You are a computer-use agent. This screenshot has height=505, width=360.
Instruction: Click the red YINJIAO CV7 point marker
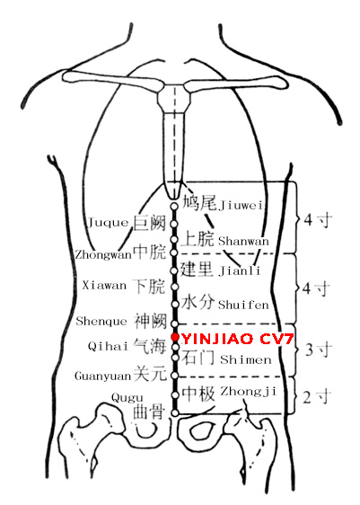pos(175,337)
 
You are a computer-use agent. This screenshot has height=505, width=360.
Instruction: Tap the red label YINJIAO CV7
pos(237,339)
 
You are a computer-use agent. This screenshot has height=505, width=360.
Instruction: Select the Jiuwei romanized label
pos(241,205)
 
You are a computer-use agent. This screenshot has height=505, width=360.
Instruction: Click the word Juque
pos(108,222)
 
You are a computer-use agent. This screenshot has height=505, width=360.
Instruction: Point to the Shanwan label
pos(243,241)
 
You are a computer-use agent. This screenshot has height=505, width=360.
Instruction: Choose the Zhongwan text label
pos(103,255)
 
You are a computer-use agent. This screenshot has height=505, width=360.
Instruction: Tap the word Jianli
pos(240,270)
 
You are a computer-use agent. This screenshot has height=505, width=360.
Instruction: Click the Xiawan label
pos(104,286)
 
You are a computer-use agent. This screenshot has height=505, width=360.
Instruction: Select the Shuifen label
pos(243,305)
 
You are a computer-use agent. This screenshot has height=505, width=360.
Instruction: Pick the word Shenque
pos(101,321)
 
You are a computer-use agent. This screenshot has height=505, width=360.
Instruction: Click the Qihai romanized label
pos(109,346)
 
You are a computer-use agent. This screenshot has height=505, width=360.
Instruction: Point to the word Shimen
pos(246,359)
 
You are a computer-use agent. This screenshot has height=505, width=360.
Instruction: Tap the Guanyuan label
pos(103,376)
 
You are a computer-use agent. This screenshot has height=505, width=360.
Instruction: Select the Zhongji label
pos(249,391)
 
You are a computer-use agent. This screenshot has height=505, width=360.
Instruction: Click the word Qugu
pos(127,398)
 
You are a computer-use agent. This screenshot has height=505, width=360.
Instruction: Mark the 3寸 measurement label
pos(318,350)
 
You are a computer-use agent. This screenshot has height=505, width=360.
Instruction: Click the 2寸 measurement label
pos(317,397)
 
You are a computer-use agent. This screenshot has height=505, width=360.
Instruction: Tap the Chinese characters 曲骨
pos(149,412)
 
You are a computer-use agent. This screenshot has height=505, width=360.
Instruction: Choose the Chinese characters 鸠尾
pos(199,203)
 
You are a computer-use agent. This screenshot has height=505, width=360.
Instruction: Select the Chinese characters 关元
pos(150,374)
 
